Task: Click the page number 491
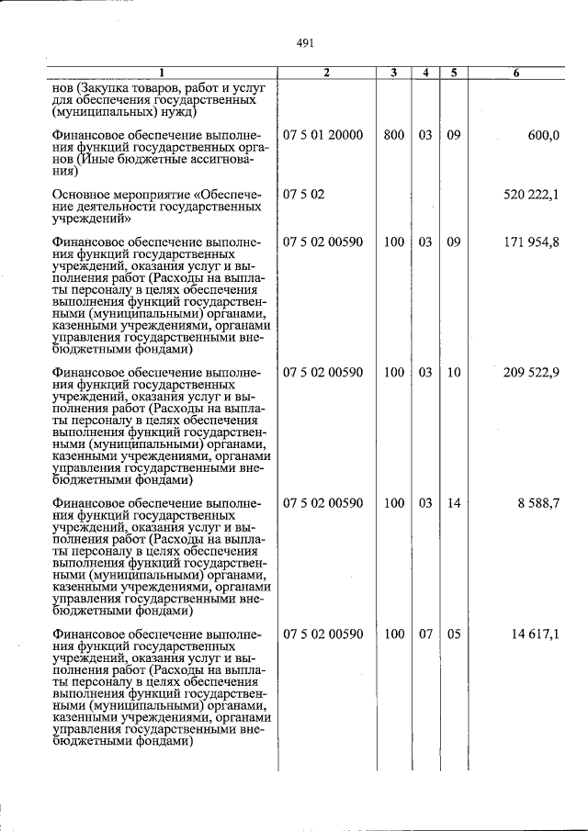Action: [x=306, y=41]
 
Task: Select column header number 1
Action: [x=161, y=73]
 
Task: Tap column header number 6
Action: [x=516, y=73]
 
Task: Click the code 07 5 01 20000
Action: [x=323, y=135]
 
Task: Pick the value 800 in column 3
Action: [x=394, y=135]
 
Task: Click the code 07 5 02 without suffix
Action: [x=304, y=195]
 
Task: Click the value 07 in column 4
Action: [x=425, y=634]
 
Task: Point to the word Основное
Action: [x=82, y=195]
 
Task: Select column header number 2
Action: [x=326, y=73]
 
